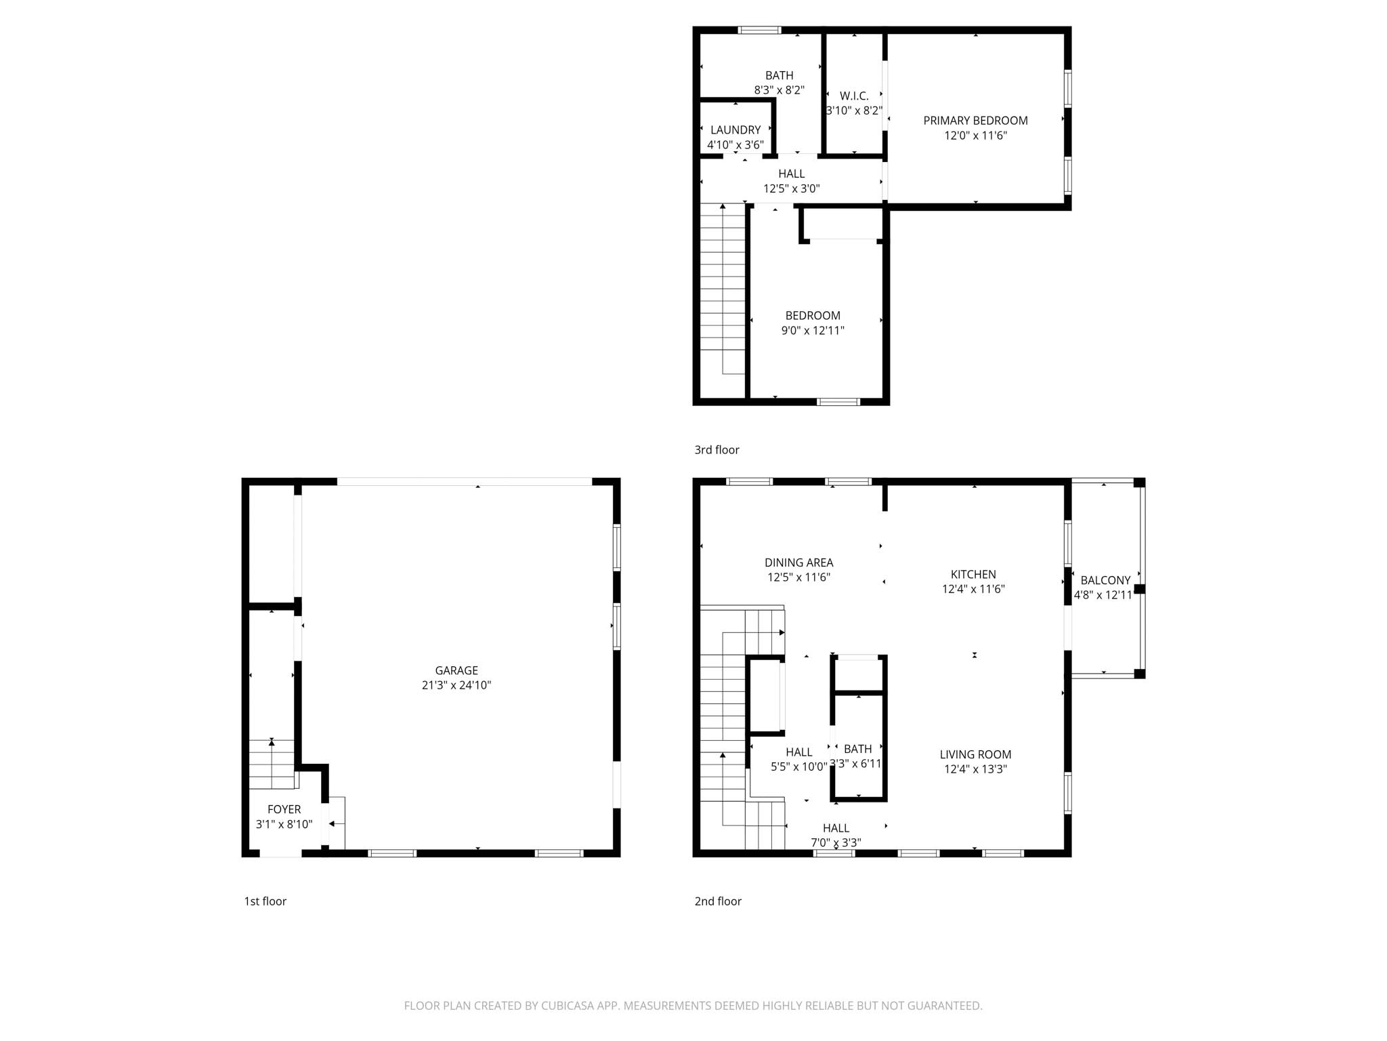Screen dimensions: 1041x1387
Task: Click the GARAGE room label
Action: click(456, 670)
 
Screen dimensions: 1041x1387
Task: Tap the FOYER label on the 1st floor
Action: click(284, 809)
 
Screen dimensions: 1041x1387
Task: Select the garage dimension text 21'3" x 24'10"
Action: click(456, 685)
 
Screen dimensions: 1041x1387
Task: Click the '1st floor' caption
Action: click(265, 901)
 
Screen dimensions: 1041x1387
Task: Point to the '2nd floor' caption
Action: click(717, 901)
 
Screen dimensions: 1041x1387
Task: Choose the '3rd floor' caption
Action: click(717, 450)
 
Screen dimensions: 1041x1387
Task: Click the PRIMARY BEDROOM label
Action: click(975, 121)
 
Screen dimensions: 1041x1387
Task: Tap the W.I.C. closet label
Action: click(853, 96)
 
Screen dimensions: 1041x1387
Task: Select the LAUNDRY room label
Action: click(735, 130)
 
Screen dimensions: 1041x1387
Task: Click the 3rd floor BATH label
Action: click(779, 75)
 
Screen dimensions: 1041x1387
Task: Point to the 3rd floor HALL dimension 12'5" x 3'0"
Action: click(791, 189)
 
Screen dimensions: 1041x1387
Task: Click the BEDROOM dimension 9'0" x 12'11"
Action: click(813, 331)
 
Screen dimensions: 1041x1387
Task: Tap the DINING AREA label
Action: click(798, 563)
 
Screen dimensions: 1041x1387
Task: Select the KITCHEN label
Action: click(973, 574)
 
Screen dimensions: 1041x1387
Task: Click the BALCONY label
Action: click(1105, 580)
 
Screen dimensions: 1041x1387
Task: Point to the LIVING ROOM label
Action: click(975, 754)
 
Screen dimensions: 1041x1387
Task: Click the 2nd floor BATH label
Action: click(857, 749)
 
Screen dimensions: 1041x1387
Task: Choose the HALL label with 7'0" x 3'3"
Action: click(836, 828)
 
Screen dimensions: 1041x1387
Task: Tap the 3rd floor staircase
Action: click(723, 285)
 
